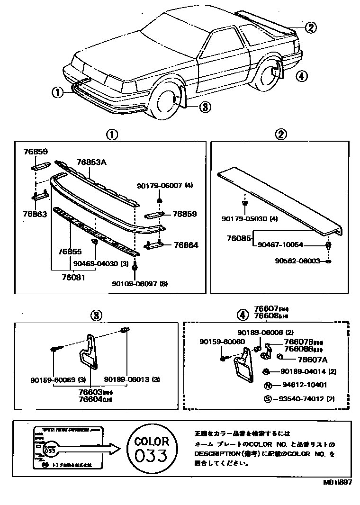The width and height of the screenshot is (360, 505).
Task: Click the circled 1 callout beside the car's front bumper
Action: (57, 92)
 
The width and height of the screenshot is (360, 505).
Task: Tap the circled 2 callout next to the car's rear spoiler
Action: (310, 27)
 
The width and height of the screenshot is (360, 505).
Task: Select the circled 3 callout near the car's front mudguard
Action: (204, 107)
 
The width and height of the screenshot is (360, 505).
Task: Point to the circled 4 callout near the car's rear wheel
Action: (302, 75)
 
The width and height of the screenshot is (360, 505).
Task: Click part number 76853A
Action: (91, 162)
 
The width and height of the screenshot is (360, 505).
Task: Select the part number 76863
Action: (35, 214)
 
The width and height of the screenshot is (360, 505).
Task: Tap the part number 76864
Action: (186, 245)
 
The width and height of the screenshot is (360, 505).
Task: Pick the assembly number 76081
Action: (73, 277)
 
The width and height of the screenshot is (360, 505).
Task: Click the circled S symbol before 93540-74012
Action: (268, 399)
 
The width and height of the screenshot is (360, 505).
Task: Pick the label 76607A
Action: (299, 360)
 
